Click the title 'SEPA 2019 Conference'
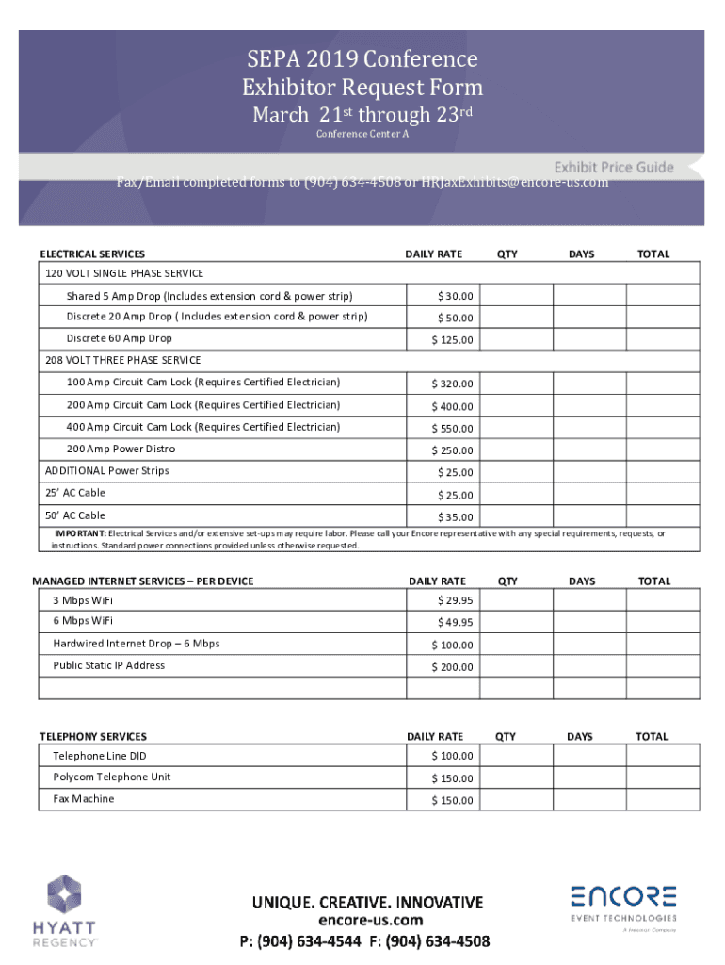click(362, 59)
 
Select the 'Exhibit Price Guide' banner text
click(613, 167)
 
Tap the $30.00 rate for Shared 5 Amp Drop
click(456, 297)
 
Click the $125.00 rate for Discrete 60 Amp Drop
click(453, 340)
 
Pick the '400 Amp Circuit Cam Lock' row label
click(203, 427)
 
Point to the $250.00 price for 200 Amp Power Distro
click(453, 450)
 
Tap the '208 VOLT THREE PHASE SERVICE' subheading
click(122, 360)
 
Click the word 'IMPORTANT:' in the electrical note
click(80, 534)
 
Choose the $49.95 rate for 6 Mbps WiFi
click(456, 622)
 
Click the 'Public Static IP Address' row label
click(109, 665)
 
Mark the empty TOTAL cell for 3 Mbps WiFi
click(664, 600)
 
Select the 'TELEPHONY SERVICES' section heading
click(93, 736)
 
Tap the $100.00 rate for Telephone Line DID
click(453, 756)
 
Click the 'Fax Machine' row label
click(84, 799)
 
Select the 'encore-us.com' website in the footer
click(370, 921)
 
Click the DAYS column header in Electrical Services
click(582, 254)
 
